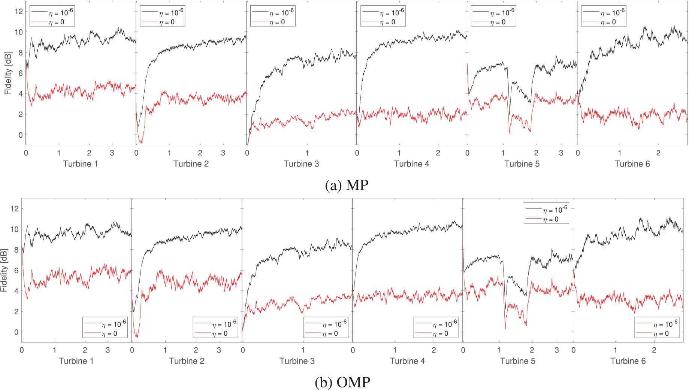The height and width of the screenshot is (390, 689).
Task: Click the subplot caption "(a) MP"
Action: [347, 185]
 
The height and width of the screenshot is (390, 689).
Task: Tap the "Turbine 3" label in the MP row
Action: [301, 164]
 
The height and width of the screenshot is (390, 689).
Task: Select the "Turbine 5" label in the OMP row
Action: [517, 361]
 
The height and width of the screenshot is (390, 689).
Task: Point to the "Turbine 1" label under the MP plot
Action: [80, 164]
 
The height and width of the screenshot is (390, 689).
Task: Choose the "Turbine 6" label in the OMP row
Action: [628, 361]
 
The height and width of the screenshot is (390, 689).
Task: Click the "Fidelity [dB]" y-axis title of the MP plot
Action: [8, 73]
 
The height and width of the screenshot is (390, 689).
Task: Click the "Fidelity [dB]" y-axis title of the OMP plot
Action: [4, 270]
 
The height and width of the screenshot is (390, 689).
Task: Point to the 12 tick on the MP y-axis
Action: [18, 12]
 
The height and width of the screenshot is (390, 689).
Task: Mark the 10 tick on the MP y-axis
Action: [18, 32]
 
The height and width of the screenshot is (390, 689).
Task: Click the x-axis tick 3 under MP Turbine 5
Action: [561, 153]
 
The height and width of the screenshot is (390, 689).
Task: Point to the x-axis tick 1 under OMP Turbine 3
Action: [303, 350]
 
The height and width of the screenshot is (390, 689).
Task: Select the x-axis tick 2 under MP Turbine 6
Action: [658, 153]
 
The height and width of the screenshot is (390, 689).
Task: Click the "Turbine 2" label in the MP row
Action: [191, 164]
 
